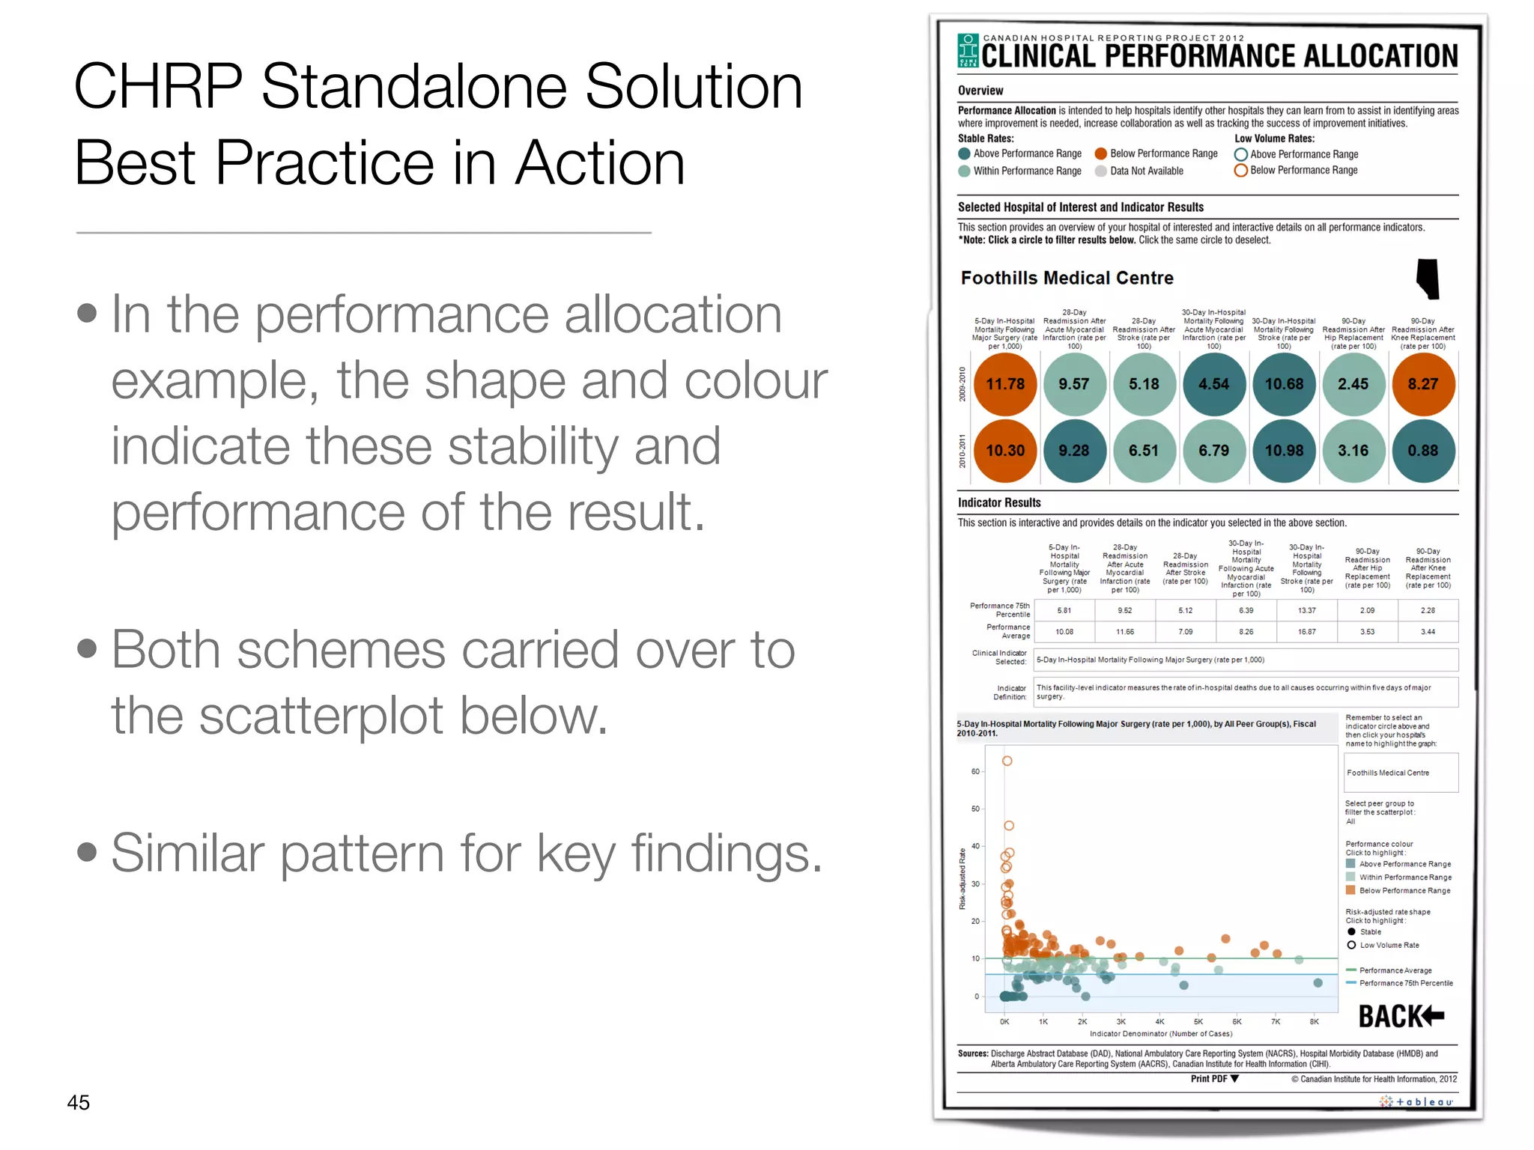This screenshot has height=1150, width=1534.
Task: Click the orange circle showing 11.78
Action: pos(1004,384)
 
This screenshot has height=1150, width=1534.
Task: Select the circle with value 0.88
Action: pos(1422,451)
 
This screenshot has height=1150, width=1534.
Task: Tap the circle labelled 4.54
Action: pos(1213,384)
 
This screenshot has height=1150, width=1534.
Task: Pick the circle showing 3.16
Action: pos(1353,451)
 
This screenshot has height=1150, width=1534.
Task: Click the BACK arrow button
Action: pos(1401,1016)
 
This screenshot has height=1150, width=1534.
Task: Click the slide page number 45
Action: pos(79,1102)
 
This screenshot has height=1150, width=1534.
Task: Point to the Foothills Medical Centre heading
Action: pos(1067,279)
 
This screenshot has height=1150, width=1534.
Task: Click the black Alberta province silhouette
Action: pos(1428,279)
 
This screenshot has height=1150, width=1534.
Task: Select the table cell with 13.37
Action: pos(1306,610)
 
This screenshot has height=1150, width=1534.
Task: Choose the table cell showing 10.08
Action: pos(1064,632)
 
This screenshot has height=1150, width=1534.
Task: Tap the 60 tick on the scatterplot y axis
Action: pos(975,771)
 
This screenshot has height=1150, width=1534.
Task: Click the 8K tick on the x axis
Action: pos(1314,1021)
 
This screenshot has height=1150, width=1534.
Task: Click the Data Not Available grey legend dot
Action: pos(1100,171)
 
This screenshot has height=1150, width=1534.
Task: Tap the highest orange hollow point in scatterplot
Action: pos(1007,761)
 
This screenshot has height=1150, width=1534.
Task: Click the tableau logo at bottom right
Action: pos(1416,1102)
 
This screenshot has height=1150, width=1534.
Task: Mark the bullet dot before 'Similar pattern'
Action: pos(87,852)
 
